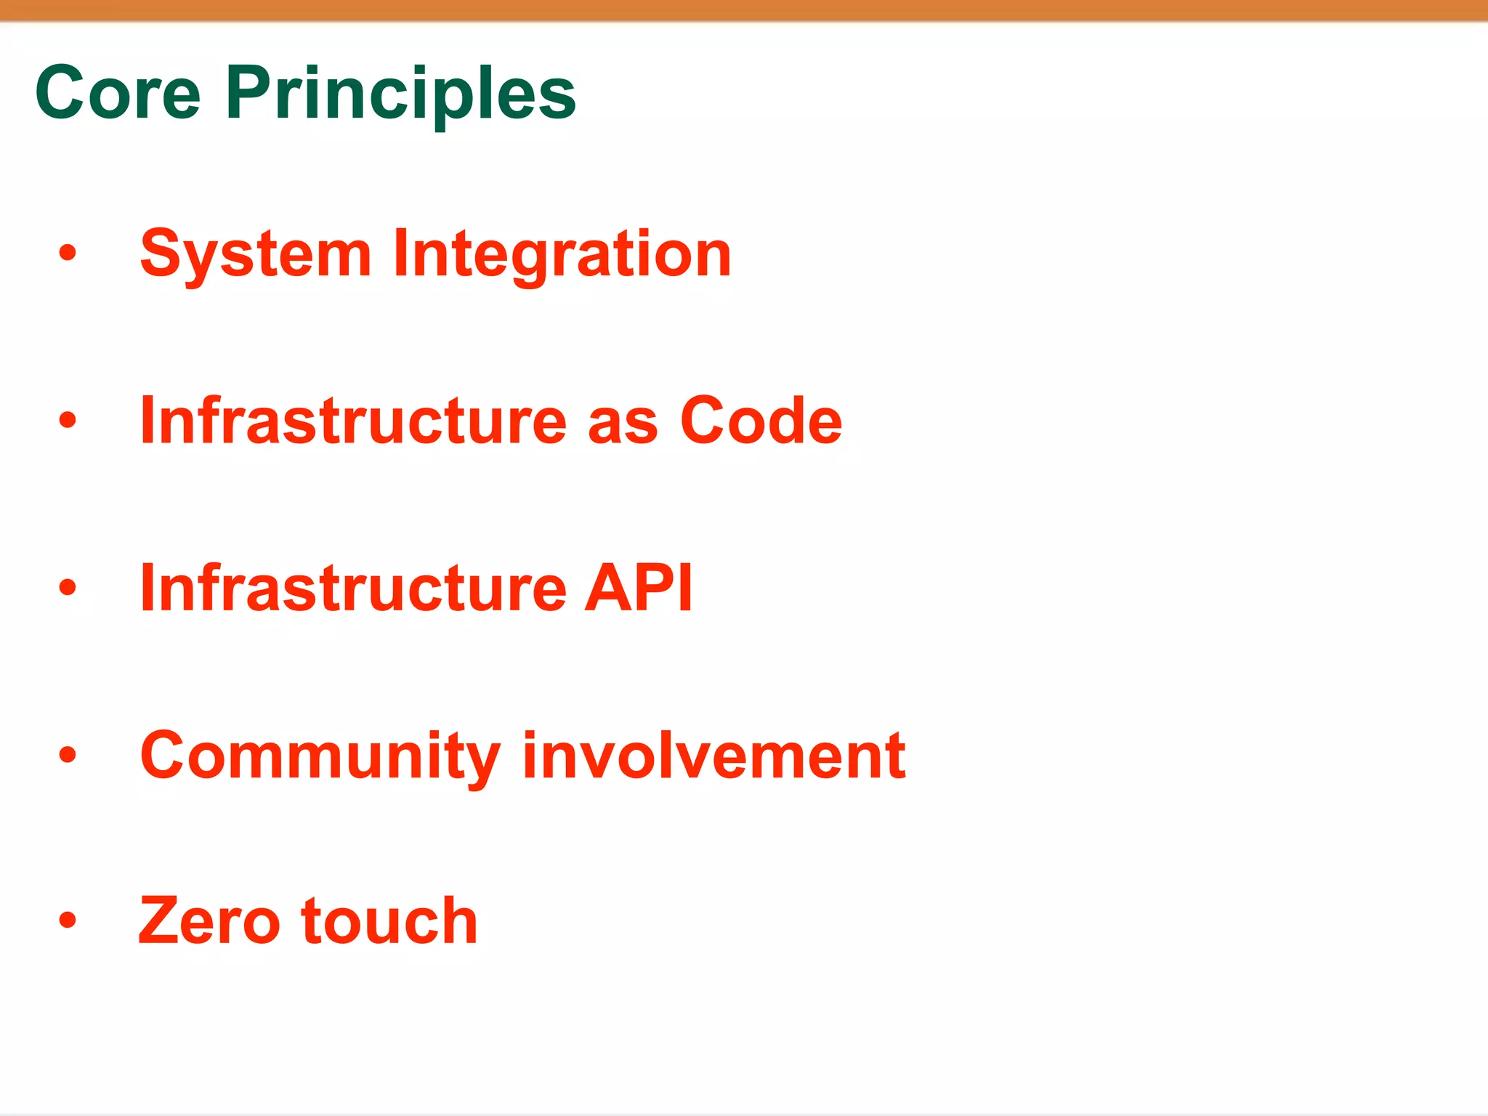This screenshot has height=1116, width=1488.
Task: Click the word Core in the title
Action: (118, 93)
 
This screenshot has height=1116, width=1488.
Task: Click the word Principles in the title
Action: (400, 94)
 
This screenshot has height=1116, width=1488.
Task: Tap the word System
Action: (256, 254)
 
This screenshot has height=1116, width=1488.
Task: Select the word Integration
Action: (562, 254)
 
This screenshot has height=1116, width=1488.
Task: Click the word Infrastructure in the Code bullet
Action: (353, 421)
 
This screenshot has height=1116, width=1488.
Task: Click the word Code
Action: (761, 421)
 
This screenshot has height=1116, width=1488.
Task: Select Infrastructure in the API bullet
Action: (353, 589)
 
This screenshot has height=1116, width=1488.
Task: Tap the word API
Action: (638, 589)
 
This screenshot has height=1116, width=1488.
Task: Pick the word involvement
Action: (713, 756)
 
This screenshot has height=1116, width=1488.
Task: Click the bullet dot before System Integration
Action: (68, 253)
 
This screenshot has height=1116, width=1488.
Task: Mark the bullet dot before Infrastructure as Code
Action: (68, 420)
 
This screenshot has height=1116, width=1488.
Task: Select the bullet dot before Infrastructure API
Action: (68, 587)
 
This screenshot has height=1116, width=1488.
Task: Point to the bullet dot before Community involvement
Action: (68, 754)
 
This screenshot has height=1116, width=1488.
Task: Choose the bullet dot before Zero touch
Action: (68, 921)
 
